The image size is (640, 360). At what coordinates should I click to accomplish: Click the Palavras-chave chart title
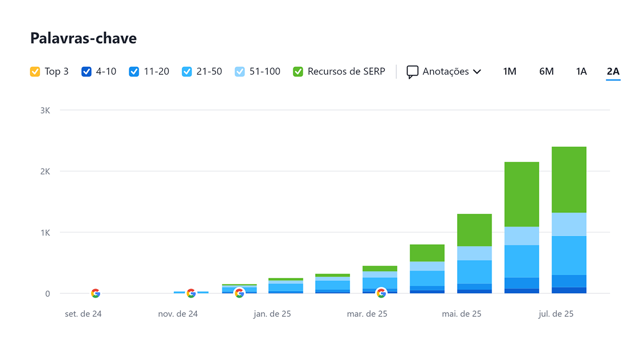coord(83,38)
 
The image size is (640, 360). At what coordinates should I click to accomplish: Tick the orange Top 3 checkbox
coord(35,71)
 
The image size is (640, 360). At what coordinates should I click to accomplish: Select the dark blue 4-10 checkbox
coord(86,71)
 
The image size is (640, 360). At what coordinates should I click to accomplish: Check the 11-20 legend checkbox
coord(134,71)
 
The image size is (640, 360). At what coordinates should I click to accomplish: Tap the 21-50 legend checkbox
coord(187,71)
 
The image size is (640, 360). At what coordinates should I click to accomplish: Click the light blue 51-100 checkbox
coord(239,71)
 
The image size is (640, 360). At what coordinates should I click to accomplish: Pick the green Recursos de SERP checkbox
coord(298,71)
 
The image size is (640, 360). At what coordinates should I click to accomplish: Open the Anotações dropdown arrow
coord(477,71)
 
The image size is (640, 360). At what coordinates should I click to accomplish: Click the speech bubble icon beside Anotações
coord(412,72)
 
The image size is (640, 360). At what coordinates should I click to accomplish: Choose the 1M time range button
coord(509,71)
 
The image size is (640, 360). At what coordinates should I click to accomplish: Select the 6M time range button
coord(546,71)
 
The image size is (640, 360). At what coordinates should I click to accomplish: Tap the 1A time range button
coord(581,71)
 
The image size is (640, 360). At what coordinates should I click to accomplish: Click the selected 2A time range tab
coord(613,71)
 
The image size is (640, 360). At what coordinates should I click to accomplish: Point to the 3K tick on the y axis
coord(45,110)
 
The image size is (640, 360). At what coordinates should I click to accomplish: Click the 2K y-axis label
coord(45,171)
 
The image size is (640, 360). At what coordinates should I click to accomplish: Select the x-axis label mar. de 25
coord(367,314)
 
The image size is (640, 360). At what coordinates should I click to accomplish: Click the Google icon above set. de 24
coord(95,293)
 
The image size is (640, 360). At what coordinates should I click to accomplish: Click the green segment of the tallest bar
coord(569,180)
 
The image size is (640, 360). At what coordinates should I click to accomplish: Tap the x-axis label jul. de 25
coord(556,314)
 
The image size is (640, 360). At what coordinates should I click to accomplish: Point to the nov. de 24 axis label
coord(178,314)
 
